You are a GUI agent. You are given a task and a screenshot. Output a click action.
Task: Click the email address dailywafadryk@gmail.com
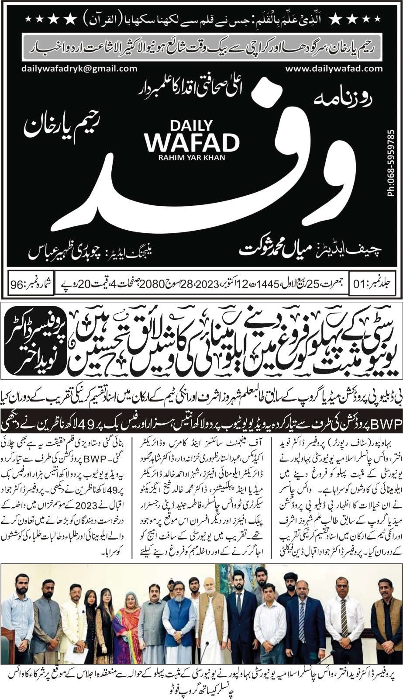(x=79, y=69)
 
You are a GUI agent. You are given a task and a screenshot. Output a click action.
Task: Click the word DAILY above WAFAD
(x=193, y=125)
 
